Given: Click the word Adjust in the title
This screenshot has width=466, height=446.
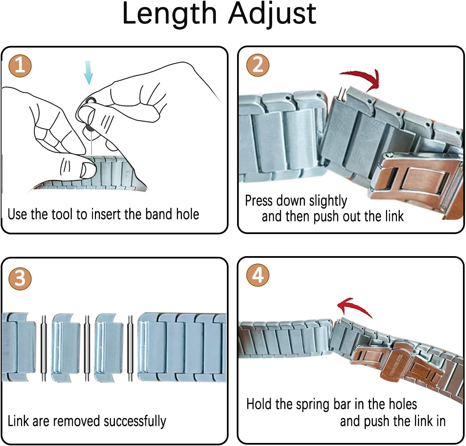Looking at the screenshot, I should click(x=272, y=14).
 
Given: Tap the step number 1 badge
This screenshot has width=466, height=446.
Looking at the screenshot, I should click(x=20, y=65).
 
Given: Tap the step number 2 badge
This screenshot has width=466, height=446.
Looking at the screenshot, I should click(x=258, y=65).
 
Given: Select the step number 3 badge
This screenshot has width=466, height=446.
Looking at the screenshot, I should click(x=20, y=278).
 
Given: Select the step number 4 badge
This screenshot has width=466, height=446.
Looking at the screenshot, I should click(x=258, y=275).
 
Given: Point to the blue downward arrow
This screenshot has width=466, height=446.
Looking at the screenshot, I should click(x=88, y=72).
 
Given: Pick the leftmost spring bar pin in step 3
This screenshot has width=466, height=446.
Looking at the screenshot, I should click(x=44, y=348).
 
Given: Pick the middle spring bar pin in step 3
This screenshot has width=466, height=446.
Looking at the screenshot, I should click(x=87, y=348).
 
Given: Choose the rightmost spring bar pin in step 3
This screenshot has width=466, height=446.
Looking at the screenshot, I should click(x=130, y=348).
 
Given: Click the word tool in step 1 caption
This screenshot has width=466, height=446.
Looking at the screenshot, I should click(x=62, y=214).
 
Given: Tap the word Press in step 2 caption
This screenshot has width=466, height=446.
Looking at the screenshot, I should click(x=258, y=201).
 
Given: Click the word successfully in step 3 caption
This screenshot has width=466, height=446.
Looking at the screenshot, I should click(x=135, y=421).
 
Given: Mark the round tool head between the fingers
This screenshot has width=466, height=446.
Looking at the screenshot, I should click(x=90, y=101).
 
